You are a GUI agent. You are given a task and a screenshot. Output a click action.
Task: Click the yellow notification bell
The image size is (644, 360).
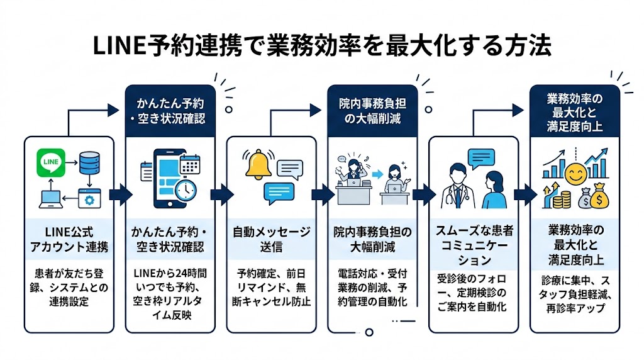coord(258,165)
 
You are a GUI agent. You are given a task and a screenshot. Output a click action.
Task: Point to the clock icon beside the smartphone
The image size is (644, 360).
coord(186,190)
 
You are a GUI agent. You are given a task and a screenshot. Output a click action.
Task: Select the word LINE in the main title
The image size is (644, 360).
coord(119,48)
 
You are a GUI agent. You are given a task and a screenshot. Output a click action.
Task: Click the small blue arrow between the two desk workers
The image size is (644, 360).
coord(377,173)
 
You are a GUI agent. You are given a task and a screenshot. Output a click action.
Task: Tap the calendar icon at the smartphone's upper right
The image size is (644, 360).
coord(189,164)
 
